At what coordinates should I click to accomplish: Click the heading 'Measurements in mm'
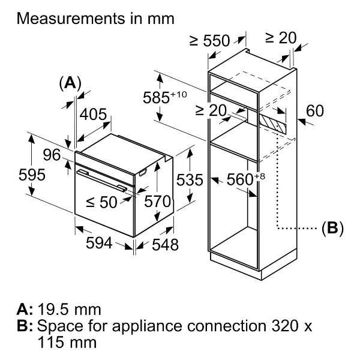[x=96, y=19]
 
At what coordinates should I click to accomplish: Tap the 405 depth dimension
[x=94, y=115]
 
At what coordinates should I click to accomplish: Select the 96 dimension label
[x=52, y=155]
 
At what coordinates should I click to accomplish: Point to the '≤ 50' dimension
[x=101, y=202]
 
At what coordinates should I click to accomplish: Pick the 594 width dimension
[x=99, y=242]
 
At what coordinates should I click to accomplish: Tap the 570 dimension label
[x=158, y=202]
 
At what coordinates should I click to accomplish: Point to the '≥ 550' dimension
[x=209, y=41]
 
